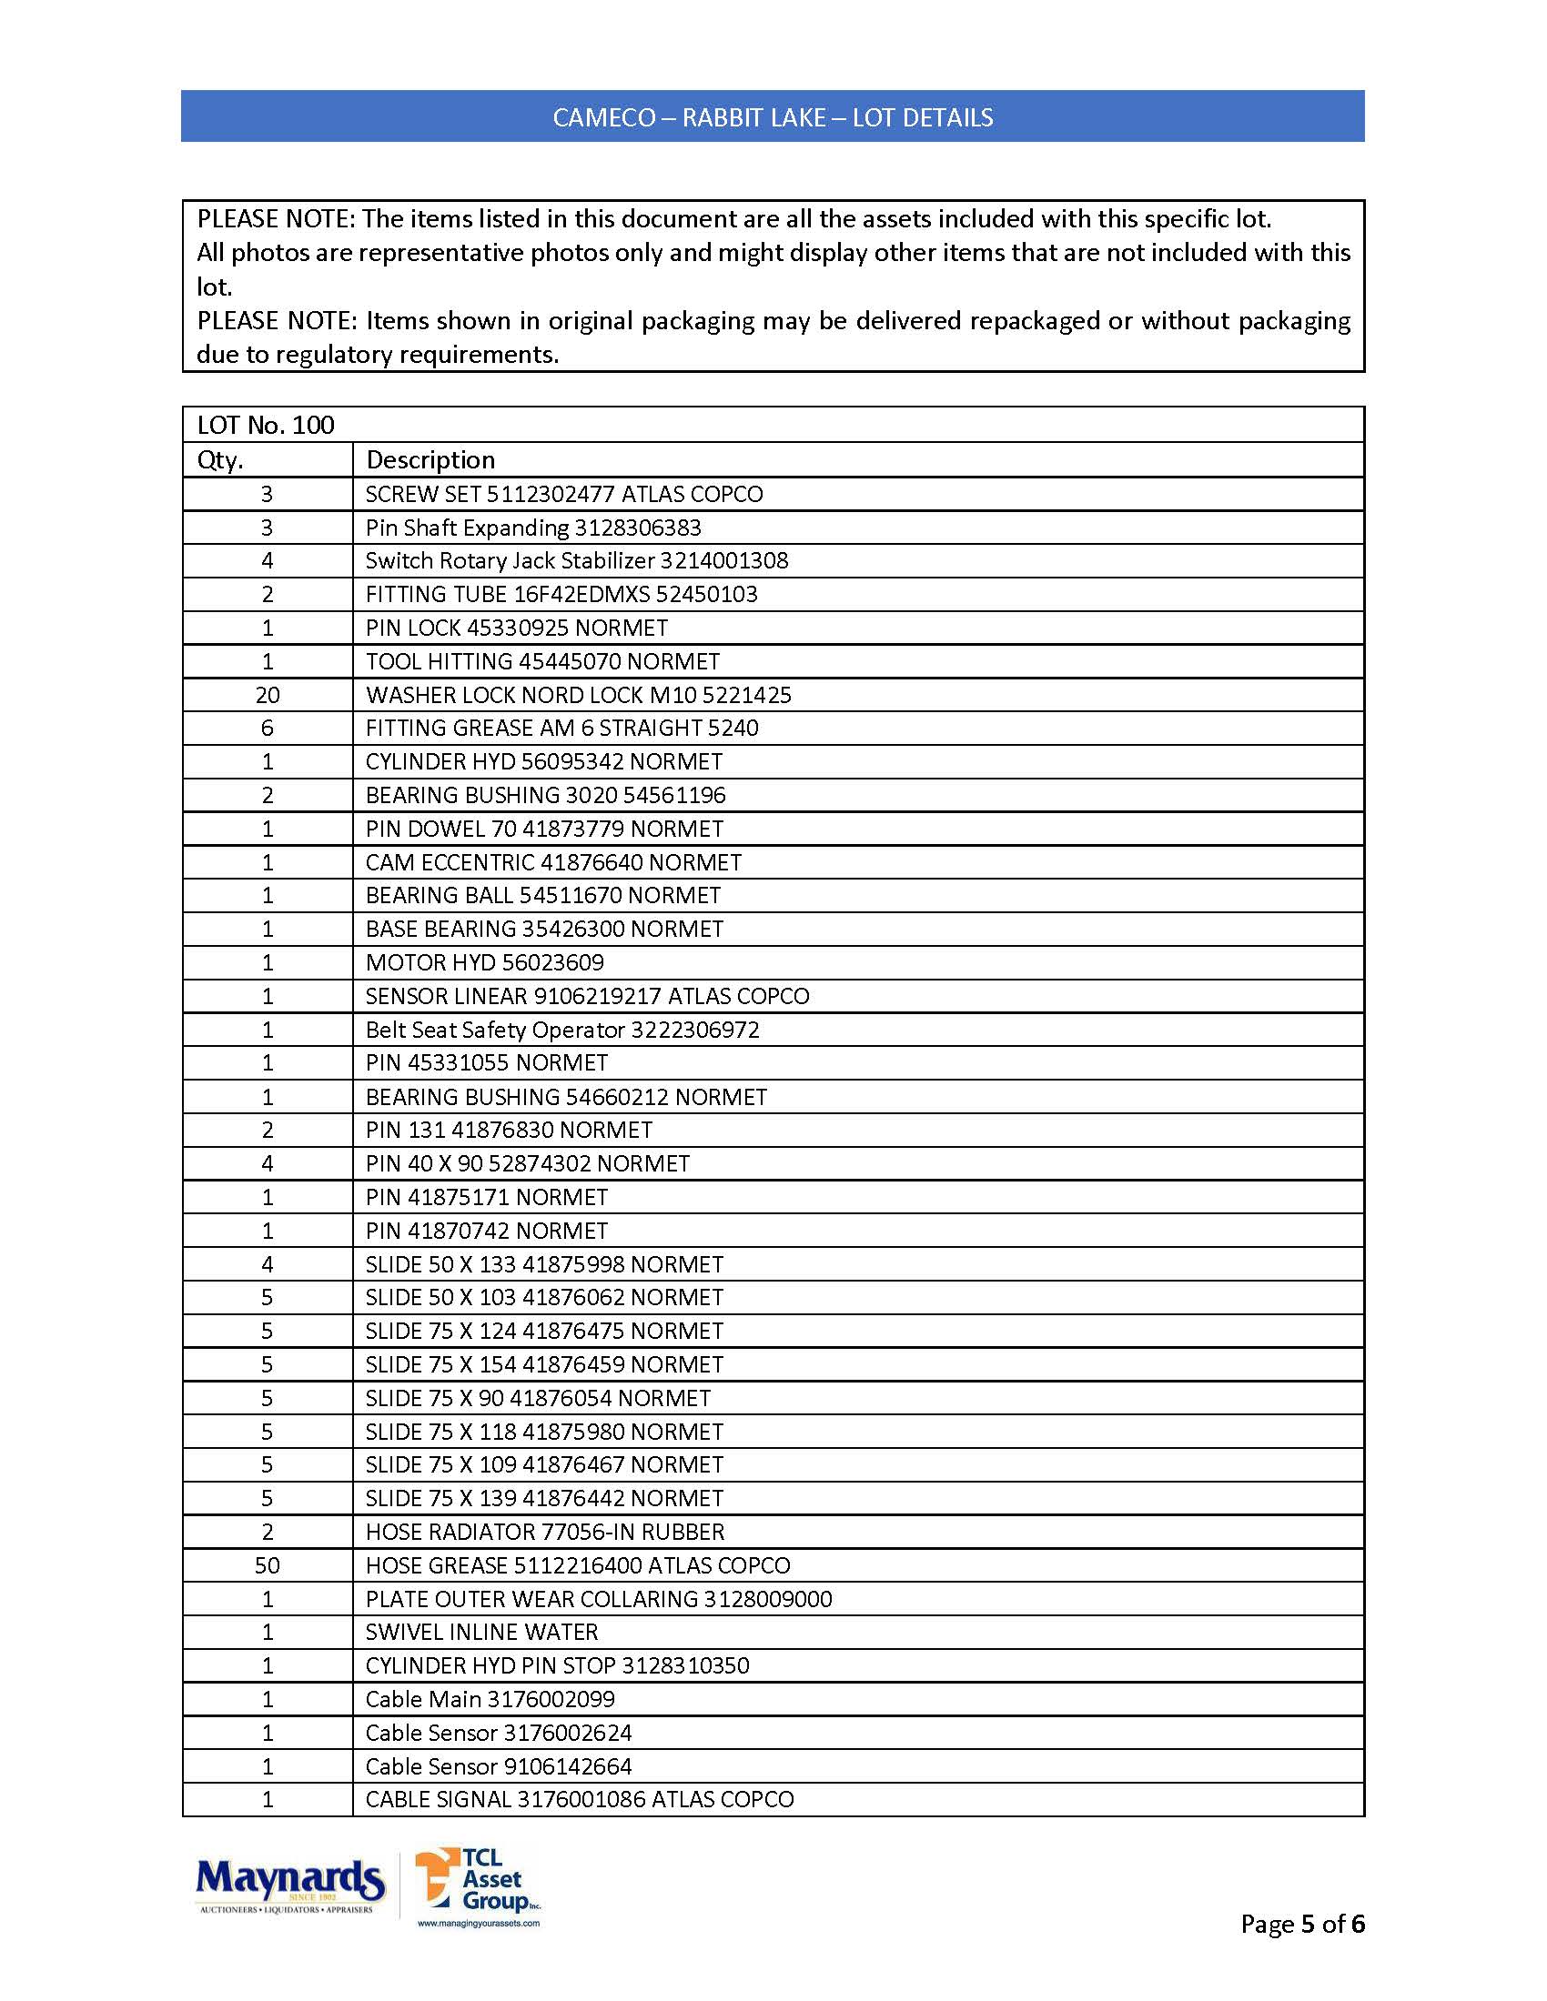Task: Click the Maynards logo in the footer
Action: (289, 1885)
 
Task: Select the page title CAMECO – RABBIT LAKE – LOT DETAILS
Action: (773, 117)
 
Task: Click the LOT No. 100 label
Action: (266, 425)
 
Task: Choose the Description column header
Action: (430, 460)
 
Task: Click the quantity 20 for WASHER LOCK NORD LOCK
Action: (268, 696)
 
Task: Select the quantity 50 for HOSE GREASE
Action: (268, 1566)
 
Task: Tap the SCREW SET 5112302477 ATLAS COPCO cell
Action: (563, 495)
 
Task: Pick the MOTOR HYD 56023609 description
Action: (485, 963)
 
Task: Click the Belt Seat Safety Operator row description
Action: (561, 1030)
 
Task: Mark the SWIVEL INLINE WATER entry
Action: (481, 1633)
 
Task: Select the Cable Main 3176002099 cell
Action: (490, 1700)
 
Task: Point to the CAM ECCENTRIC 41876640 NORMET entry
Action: (552, 863)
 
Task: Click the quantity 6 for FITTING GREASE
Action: (268, 729)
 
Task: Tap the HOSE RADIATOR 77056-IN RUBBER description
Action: (544, 1532)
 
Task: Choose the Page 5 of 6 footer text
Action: (1301, 1924)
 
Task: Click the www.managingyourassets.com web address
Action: (479, 1923)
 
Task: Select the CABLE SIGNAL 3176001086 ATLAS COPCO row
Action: (579, 1799)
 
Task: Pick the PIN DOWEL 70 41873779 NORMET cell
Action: (544, 830)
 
